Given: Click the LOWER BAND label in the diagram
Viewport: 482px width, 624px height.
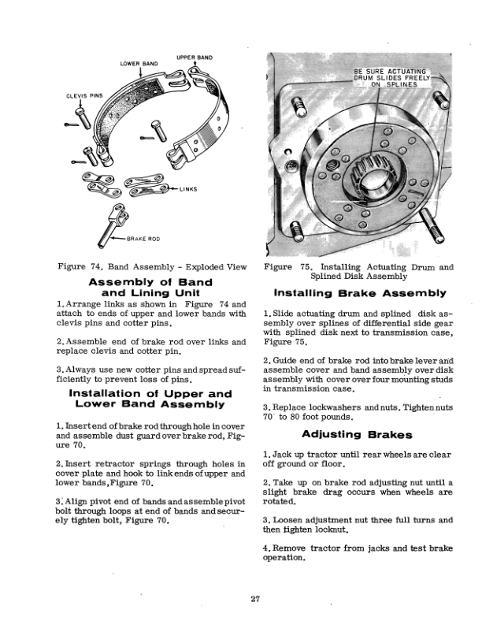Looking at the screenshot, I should coord(139,62).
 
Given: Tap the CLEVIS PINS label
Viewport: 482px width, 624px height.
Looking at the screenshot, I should coord(78,98).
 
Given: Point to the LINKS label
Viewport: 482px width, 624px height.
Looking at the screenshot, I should coord(188,189).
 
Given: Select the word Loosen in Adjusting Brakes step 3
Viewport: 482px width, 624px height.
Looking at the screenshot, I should coord(291,520).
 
